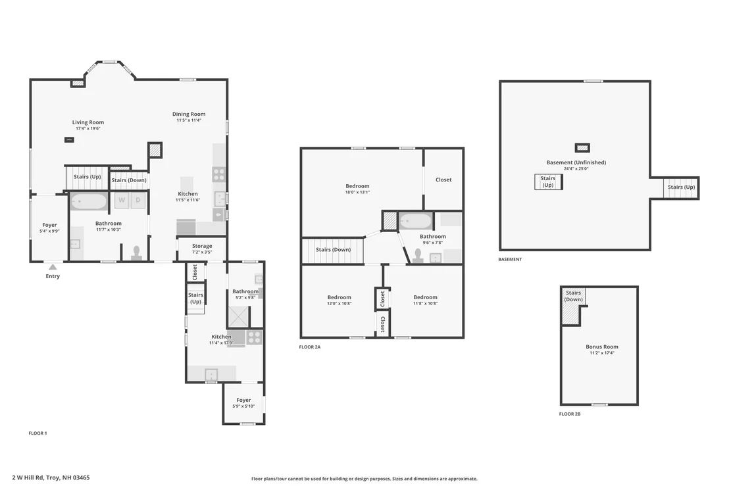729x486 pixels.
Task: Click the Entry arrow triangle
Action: pyautogui.click(x=53, y=267)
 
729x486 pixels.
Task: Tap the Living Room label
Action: pyautogui.click(x=88, y=122)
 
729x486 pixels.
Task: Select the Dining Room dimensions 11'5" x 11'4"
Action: pyautogui.click(x=188, y=120)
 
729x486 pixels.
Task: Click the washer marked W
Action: pyautogui.click(x=122, y=201)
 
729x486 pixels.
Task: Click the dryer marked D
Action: pyautogui.click(x=138, y=201)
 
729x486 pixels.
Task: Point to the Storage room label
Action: pyautogui.click(x=202, y=246)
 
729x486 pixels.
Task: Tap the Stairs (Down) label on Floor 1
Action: pyautogui.click(x=129, y=180)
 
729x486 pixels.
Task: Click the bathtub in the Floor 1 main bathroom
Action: pyautogui.click(x=88, y=202)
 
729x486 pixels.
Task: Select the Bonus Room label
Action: pyautogui.click(x=602, y=347)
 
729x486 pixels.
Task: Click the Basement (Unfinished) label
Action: pyautogui.click(x=576, y=162)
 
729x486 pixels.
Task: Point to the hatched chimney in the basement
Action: pyautogui.click(x=582, y=148)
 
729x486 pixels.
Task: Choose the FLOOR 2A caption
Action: pyautogui.click(x=310, y=347)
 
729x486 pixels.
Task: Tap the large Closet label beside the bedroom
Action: pyautogui.click(x=443, y=180)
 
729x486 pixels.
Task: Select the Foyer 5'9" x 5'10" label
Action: pyautogui.click(x=243, y=403)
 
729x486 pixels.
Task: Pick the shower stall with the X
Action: pyautogui.click(x=239, y=317)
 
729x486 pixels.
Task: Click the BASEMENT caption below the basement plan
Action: pyautogui.click(x=510, y=259)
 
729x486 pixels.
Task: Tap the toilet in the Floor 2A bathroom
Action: pyautogui.click(x=418, y=256)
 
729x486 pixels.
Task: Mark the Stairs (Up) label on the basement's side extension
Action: pyautogui.click(x=681, y=187)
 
